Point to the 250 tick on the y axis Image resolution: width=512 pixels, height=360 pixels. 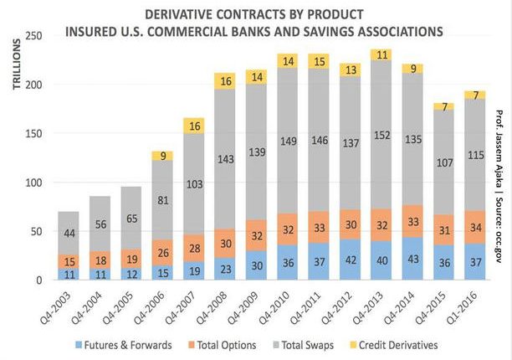34,36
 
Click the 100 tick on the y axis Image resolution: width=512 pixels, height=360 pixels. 34,183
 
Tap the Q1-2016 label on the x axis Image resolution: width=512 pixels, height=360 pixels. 468,301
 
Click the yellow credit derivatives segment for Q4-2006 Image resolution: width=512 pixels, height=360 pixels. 161,155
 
